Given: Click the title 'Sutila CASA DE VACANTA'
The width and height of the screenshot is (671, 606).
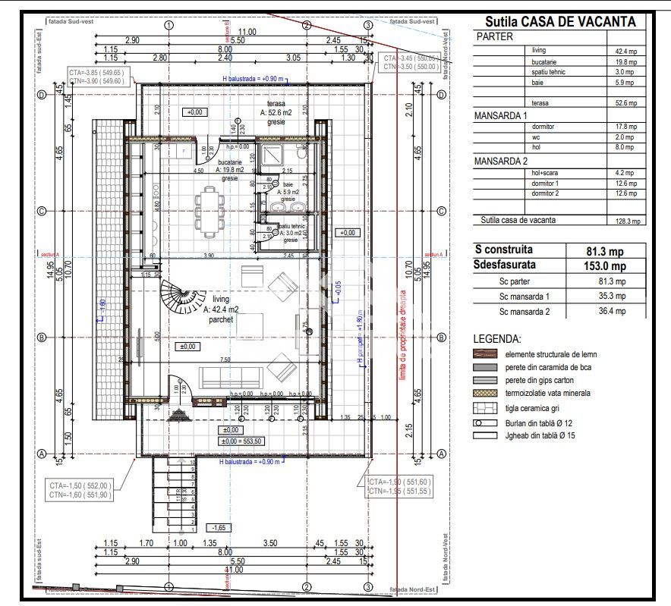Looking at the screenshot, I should coord(560,22).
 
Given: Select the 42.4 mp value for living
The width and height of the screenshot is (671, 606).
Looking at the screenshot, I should coord(626,51).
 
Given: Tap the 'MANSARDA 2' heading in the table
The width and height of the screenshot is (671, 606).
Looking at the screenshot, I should coord(500,162).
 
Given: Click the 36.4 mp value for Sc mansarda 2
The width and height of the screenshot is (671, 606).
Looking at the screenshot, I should coord(610,311).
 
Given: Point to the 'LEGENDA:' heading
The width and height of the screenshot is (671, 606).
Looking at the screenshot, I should coord(496,339).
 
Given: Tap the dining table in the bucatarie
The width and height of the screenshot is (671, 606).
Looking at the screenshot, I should coord(208,212).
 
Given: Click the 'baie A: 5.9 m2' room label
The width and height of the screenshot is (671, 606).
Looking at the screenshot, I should coord(288,191).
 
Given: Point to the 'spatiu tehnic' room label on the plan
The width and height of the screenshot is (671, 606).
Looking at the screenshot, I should coord(290,230).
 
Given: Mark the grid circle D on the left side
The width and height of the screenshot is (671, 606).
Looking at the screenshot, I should coord(43,95).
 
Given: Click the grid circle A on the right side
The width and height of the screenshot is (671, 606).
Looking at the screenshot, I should coord(440,454).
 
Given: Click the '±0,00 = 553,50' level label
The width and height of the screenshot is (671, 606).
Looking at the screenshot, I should coord(241,441).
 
